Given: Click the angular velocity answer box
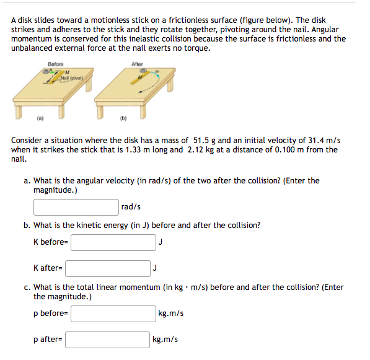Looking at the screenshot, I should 76,206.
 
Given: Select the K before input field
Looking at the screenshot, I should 113,242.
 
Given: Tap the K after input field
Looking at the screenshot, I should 107,268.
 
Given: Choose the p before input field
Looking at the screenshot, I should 113,313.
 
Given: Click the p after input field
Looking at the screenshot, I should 107,339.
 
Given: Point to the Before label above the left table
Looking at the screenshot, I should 55,64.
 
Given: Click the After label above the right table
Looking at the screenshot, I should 137,64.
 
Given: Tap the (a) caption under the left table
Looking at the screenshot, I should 39,116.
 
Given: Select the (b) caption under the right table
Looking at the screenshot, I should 123,116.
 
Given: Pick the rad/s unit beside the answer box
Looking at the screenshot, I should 131,206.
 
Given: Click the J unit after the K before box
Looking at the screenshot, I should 161,242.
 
